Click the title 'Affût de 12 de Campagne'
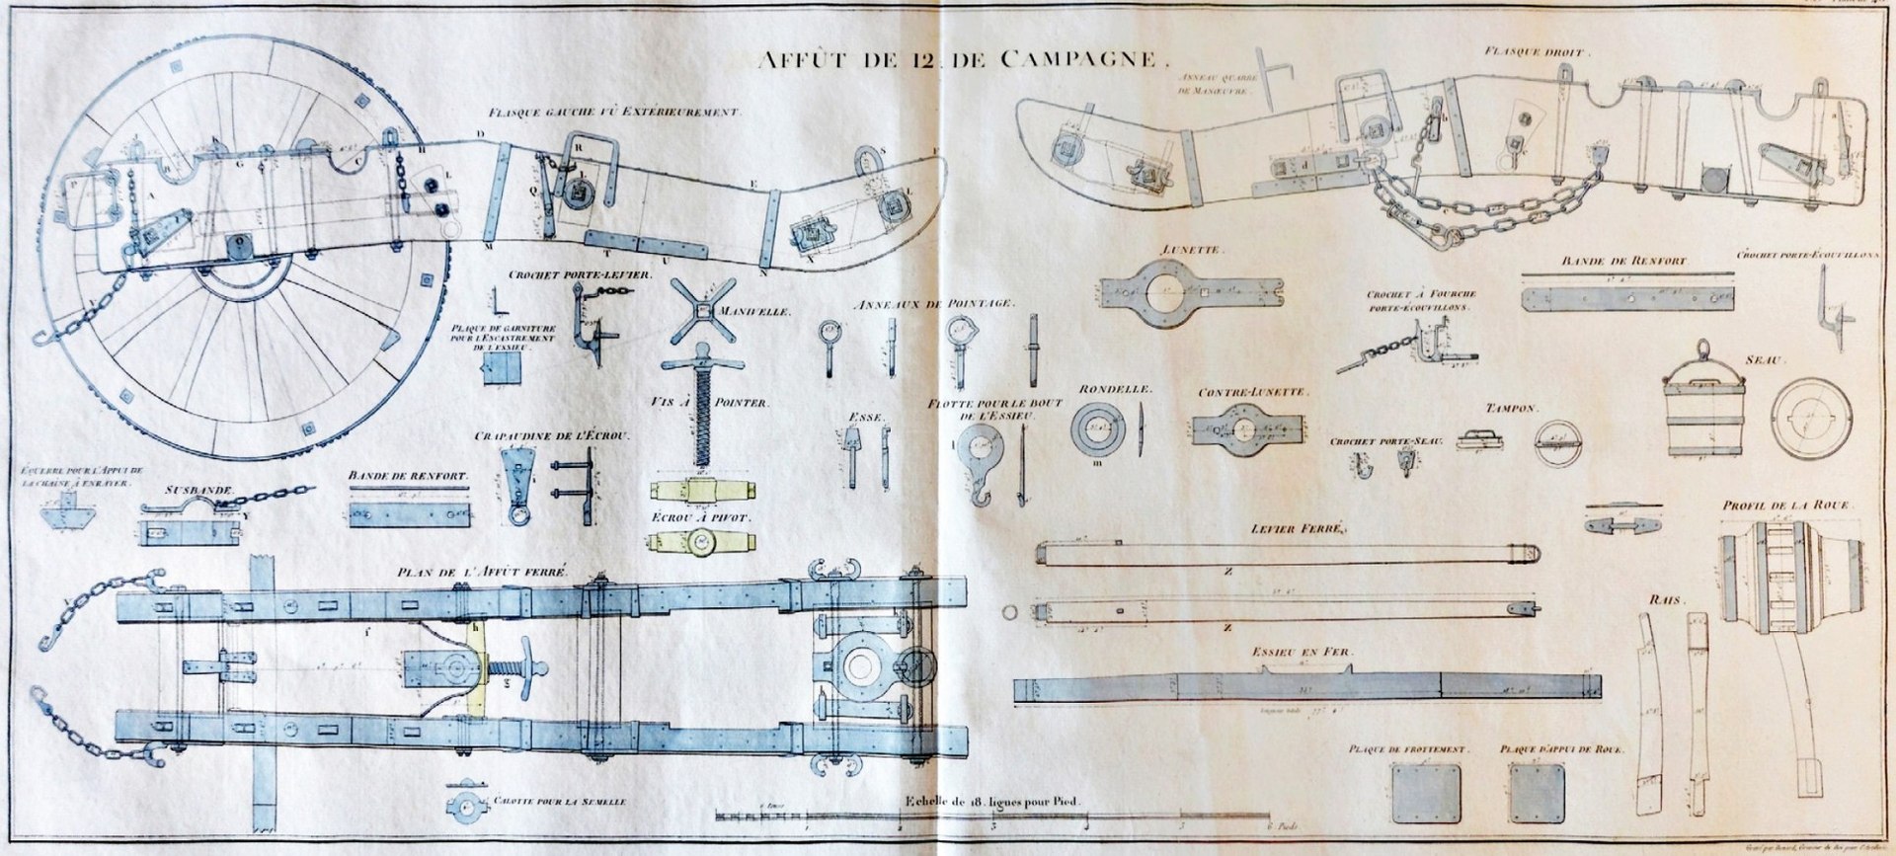pyautogui.click(x=956, y=59)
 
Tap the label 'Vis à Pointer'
pyautogui.click(x=709, y=403)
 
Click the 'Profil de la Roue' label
pyautogui.click(x=1785, y=506)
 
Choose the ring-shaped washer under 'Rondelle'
pyautogui.click(x=1099, y=428)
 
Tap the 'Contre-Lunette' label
pyautogui.click(x=1253, y=392)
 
